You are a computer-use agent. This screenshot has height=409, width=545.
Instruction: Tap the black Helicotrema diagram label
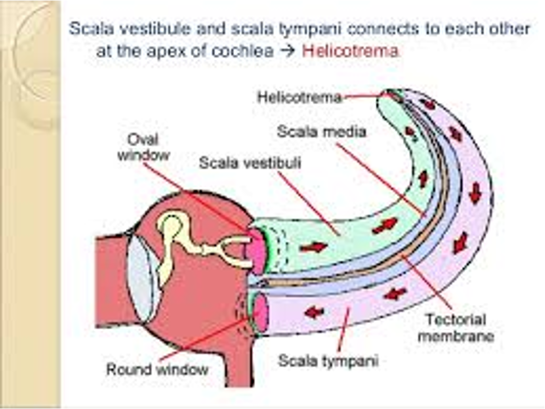click(299, 97)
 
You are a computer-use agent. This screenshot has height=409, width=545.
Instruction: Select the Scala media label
click(322, 131)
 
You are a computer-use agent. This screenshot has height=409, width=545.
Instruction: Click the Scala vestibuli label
click(250, 163)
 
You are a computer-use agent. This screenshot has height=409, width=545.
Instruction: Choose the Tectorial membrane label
click(456, 328)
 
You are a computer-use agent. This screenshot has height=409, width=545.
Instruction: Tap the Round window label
click(157, 369)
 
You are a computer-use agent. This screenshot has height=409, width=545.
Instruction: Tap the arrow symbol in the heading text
click(288, 52)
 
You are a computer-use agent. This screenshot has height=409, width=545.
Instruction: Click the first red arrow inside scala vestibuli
click(313, 247)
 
